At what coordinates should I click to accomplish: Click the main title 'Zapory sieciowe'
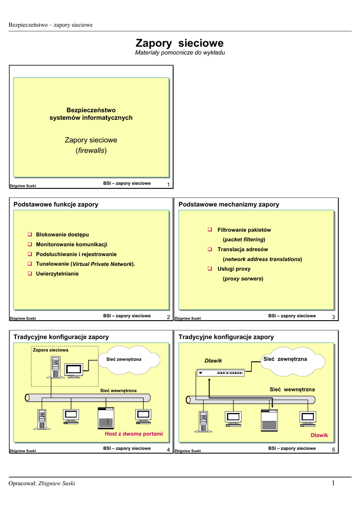pos(180,43)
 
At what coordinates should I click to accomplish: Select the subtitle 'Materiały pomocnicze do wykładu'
pos(180,53)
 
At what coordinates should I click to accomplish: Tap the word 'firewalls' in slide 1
pos(91,151)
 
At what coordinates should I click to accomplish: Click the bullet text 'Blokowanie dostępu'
pos(63,234)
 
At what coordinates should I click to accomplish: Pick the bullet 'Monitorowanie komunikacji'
pos(72,244)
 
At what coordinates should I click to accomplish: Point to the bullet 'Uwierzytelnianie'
pos(57,273)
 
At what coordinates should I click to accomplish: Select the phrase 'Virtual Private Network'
pos(102,264)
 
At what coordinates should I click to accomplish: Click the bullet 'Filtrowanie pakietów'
pos(244,230)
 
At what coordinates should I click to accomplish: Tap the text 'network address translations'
pos(262,259)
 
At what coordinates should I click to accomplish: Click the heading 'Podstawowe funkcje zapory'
pos(56,204)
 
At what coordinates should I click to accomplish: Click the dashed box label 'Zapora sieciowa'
pos(50,350)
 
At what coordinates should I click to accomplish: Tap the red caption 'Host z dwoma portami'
pos(134,434)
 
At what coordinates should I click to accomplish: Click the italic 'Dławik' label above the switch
pos(213,360)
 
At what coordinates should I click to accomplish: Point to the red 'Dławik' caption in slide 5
pos(319,435)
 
